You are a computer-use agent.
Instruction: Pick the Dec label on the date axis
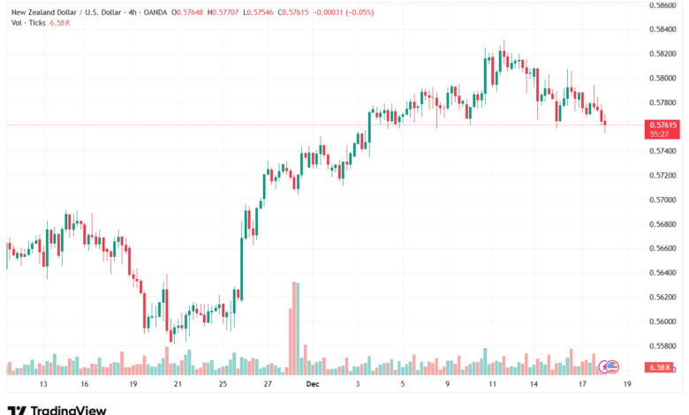[312, 385]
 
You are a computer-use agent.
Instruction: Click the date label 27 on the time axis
[268, 385]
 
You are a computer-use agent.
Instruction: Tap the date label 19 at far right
[626, 385]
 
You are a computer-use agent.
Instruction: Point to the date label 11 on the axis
[491, 385]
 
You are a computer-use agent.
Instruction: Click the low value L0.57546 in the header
[285, 10]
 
